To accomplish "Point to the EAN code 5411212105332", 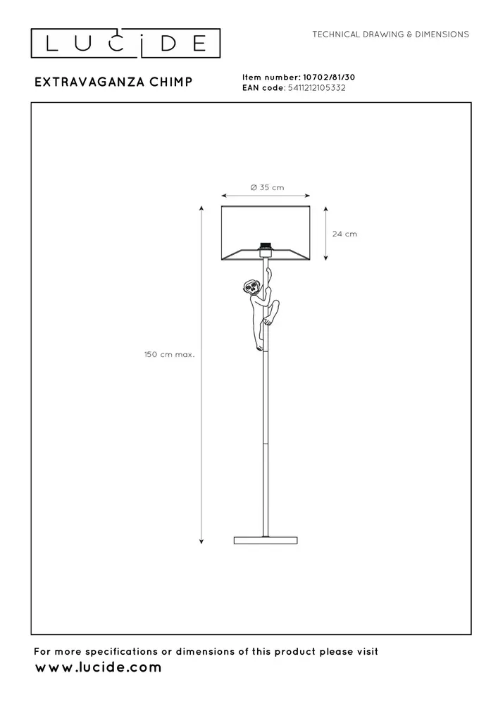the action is coord(315,88).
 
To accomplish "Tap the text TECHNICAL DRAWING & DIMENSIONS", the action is coord(390,34).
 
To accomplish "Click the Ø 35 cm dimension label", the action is coord(267,187).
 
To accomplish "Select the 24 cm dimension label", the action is coord(345,234).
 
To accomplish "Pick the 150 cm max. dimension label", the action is coord(169,354).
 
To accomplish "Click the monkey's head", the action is coord(251,287).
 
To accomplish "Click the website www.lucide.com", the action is coord(98,667).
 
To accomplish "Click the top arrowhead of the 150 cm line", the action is coord(202,208).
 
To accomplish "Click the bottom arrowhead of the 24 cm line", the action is coord(326,258).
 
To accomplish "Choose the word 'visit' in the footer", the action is coord(365,651).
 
